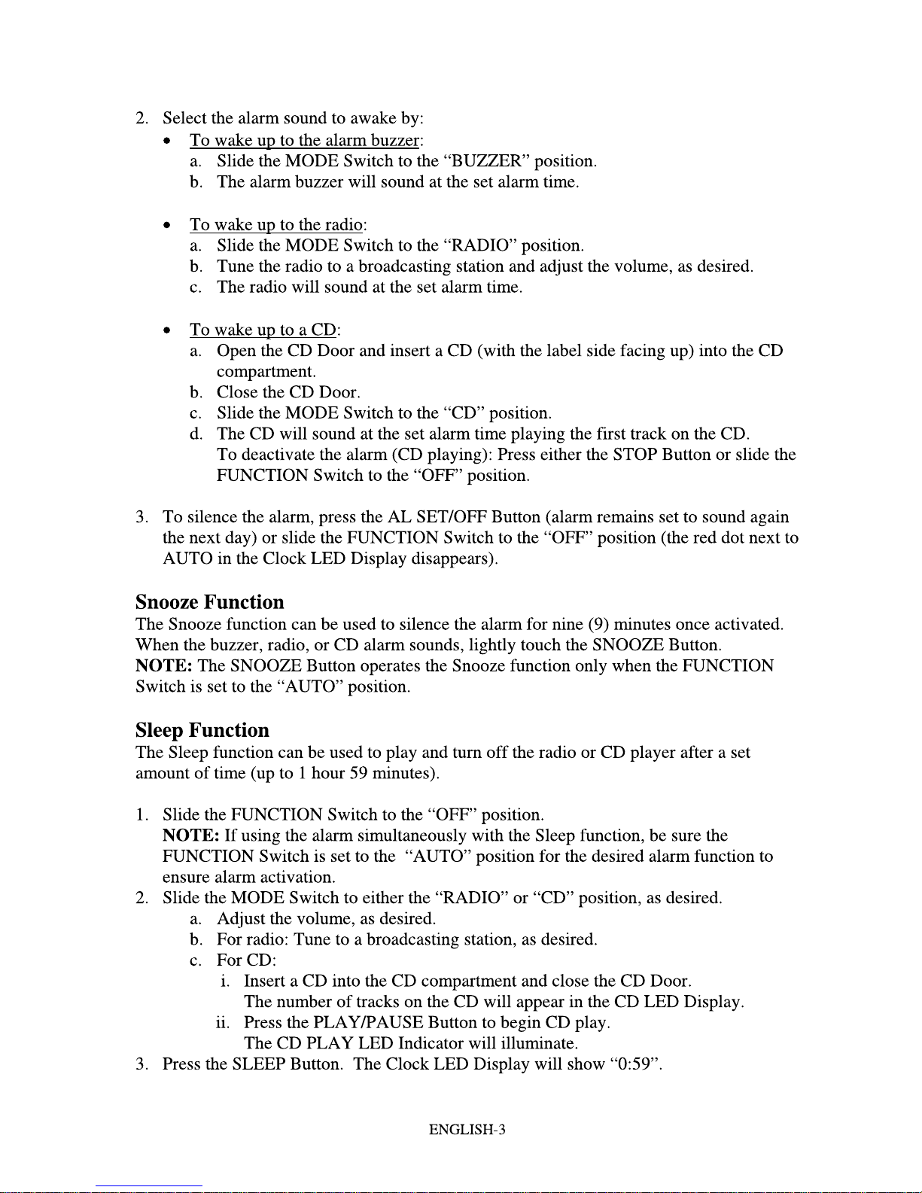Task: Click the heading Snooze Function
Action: click(x=210, y=602)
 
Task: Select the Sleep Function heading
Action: click(x=202, y=730)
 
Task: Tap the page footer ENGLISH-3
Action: click(x=467, y=1130)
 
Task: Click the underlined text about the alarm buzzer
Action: click(x=306, y=141)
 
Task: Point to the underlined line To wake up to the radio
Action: click(x=277, y=225)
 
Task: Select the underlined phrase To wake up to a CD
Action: click(x=263, y=330)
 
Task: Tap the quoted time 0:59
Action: click(x=634, y=1064)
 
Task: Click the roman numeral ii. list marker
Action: click(x=222, y=1023)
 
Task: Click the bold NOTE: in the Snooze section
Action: click(x=163, y=666)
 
